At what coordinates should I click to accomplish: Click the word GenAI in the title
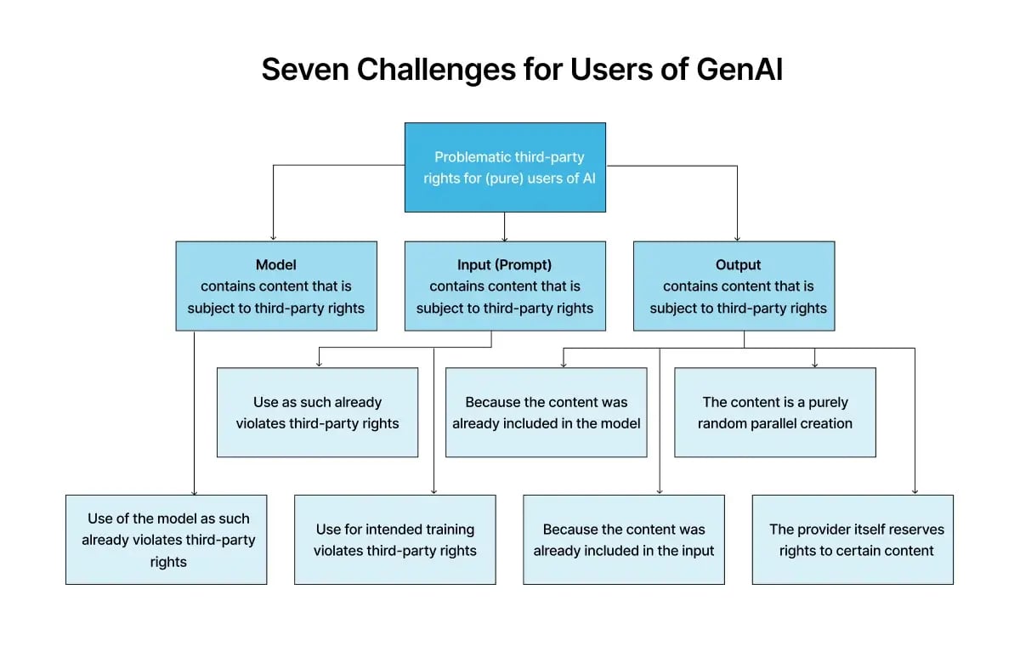[739, 70]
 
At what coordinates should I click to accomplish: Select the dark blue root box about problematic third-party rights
[505, 167]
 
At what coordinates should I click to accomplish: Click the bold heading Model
[276, 264]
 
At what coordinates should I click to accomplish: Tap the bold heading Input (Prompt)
[505, 264]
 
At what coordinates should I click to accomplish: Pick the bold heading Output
[738, 264]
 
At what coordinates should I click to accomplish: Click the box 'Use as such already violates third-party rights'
[317, 412]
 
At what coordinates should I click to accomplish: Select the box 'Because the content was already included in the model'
[546, 412]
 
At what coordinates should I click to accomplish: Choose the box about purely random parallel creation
[774, 412]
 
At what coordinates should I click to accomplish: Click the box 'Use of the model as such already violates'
[167, 540]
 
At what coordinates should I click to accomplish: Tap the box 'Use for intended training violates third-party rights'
[395, 540]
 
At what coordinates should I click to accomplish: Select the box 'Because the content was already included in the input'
[624, 540]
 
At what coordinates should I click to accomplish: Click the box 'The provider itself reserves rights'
[853, 540]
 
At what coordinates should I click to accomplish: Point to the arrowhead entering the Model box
[273, 237]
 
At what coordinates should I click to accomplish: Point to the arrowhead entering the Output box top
[737, 237]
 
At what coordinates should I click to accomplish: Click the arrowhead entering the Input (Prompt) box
[505, 237]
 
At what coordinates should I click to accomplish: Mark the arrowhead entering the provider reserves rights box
[915, 490]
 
